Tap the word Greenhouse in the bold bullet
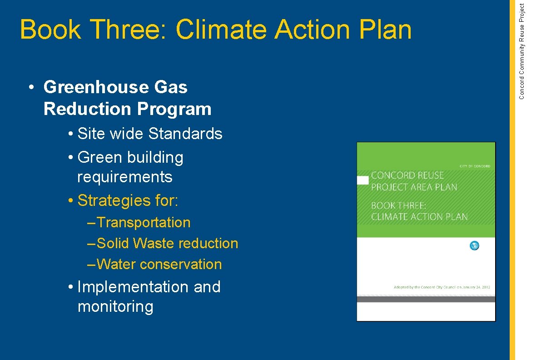coord(98,87)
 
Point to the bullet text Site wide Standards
coord(150,134)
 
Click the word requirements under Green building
coord(125,177)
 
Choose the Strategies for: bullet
coord(128,200)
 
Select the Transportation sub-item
coord(144,223)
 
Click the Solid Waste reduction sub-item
coord(167,244)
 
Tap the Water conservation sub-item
coord(159,265)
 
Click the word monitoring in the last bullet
coord(115,307)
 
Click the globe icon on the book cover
coord(474,246)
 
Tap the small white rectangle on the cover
coord(363,180)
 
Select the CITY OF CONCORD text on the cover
coord(475,166)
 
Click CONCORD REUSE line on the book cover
coord(407,175)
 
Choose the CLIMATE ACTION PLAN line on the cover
coord(419,217)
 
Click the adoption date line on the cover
coord(442,287)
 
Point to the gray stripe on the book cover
coord(426,299)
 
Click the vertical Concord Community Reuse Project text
coord(522,51)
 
